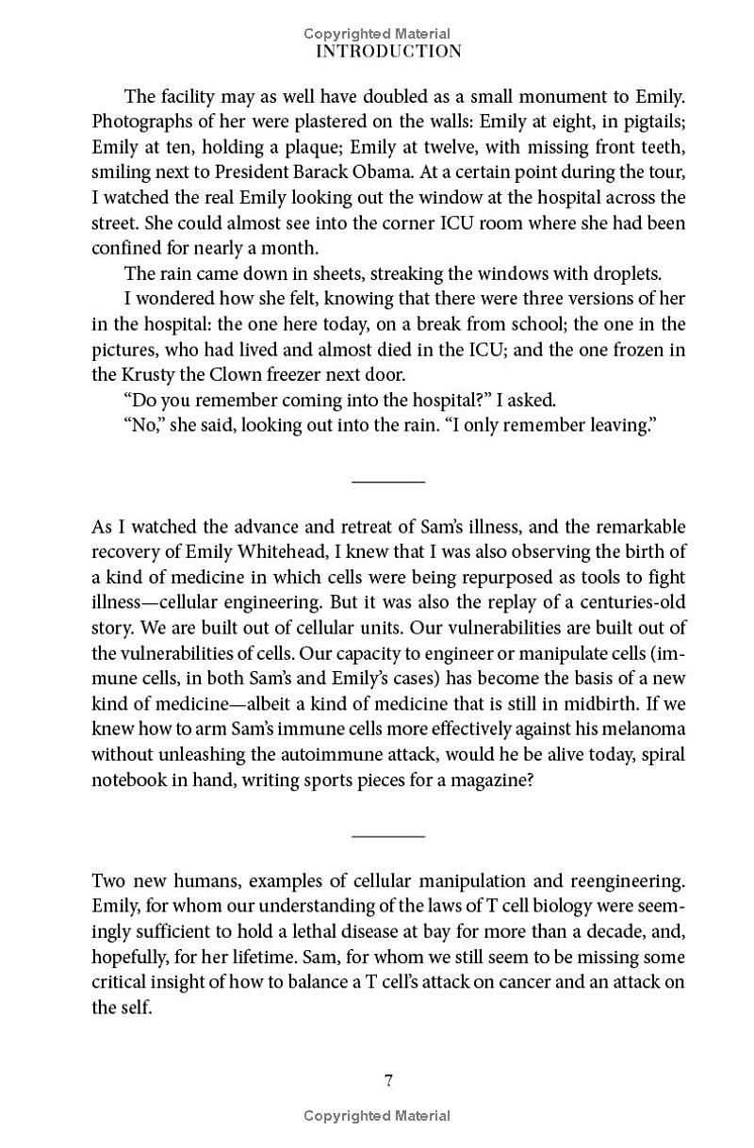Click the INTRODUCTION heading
click(x=388, y=52)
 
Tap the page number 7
click(x=388, y=1080)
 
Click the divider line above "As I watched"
click(x=388, y=483)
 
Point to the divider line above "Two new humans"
click(x=388, y=836)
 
